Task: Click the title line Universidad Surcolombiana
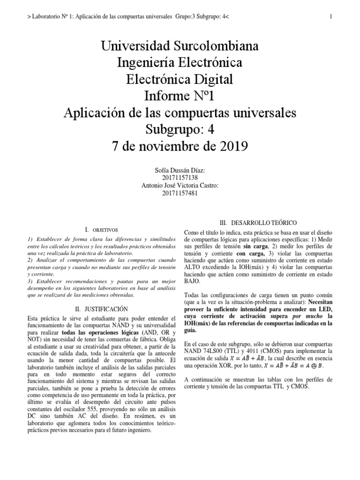[180, 47]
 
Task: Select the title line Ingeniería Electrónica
[180, 63]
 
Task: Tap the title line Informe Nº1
[180, 96]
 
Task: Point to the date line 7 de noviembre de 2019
[180, 146]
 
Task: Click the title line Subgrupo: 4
[180, 129]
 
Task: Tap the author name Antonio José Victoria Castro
[180, 185]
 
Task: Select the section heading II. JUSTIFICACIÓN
[101, 309]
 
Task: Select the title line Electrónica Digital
[180, 80]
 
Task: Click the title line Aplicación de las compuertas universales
[180, 113]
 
